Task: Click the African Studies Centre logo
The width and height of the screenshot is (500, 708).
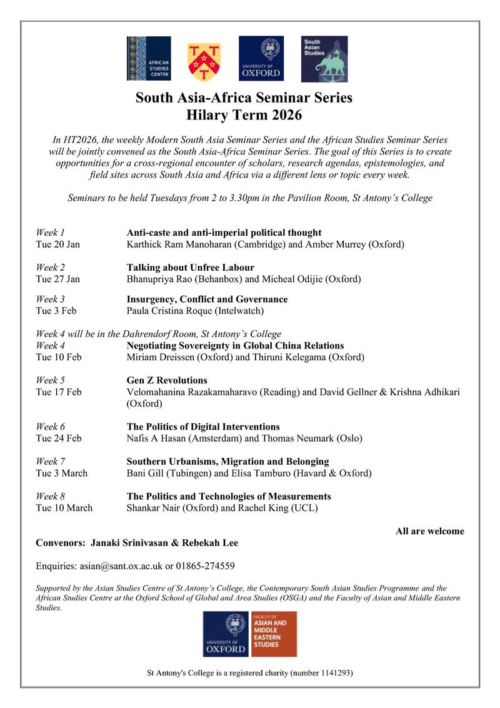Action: pos(148,59)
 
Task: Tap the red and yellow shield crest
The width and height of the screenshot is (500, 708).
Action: pos(204,61)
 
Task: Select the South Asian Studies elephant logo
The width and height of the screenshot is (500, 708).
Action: pos(324,59)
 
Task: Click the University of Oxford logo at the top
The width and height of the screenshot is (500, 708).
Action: pos(261,59)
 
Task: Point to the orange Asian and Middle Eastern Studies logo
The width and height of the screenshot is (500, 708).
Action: pos(274,634)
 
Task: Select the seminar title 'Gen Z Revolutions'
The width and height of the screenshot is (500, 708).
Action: pos(167,380)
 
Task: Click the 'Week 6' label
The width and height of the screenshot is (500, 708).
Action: pos(51,427)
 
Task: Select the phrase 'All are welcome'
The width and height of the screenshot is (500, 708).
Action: pos(429,532)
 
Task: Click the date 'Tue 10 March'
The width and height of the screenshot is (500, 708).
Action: pos(64,508)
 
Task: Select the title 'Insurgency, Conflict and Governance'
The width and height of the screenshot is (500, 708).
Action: pos(207,300)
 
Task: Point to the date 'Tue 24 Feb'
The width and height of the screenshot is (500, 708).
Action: pos(59,438)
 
